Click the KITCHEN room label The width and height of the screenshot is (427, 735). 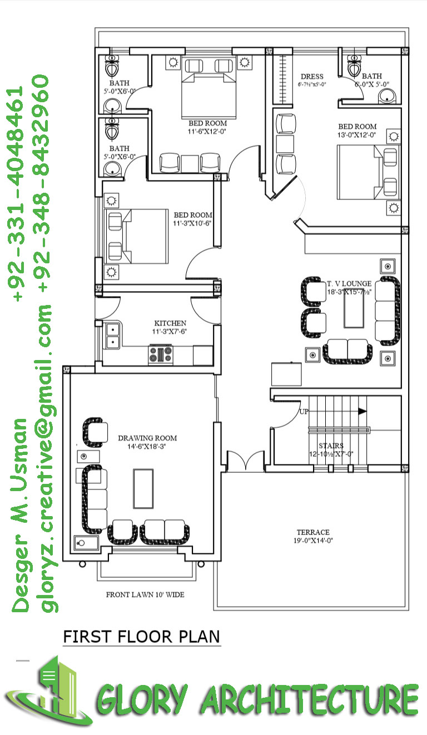pos(170,323)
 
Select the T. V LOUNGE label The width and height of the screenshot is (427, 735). pos(349,284)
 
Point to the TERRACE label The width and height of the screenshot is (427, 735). pos(312,532)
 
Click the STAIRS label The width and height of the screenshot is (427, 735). pos(331,446)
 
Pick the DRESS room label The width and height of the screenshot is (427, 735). pos(312,77)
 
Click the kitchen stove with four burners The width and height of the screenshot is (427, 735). pos(161,354)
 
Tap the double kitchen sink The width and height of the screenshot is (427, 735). pos(113,335)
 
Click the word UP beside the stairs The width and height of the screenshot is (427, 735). pos(304,412)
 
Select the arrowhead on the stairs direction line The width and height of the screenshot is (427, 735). pos(363,412)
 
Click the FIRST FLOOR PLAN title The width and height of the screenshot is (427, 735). pos(142,636)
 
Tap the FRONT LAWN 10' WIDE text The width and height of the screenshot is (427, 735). pos(145,594)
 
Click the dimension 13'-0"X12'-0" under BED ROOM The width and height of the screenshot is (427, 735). pos(358,135)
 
